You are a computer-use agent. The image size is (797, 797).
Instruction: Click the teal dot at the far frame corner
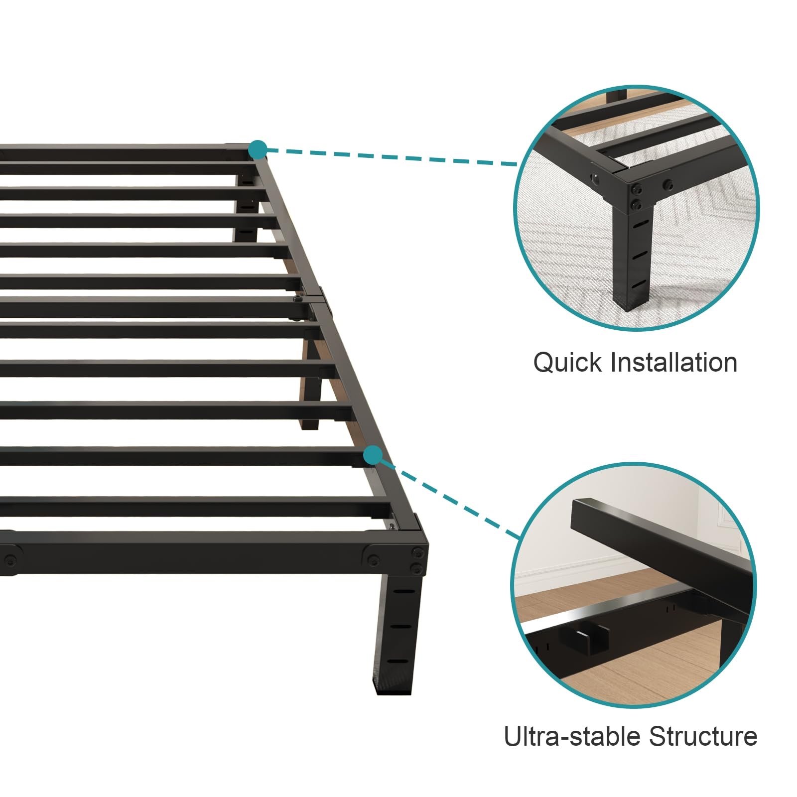(x=258, y=149)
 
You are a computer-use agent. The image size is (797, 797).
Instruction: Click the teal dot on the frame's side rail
(x=373, y=455)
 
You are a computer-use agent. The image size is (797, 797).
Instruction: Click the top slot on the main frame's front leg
(x=404, y=591)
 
